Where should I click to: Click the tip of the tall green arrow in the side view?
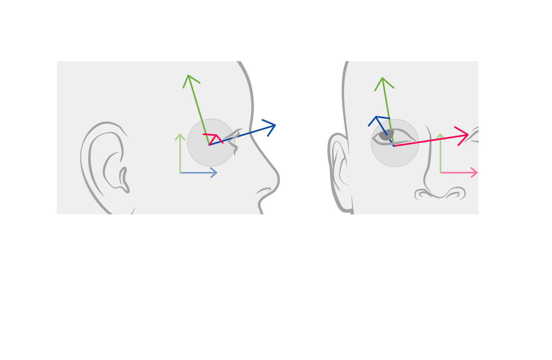click(188, 76)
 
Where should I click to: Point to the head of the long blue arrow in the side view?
click(275, 125)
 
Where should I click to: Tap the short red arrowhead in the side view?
click(216, 135)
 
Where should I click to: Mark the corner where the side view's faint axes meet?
click(180, 173)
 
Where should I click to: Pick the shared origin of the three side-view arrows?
click(209, 145)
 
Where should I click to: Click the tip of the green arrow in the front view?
click(382, 78)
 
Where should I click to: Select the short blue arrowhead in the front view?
click(376, 117)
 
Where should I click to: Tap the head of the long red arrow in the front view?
click(467, 134)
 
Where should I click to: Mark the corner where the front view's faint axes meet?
click(440, 173)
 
